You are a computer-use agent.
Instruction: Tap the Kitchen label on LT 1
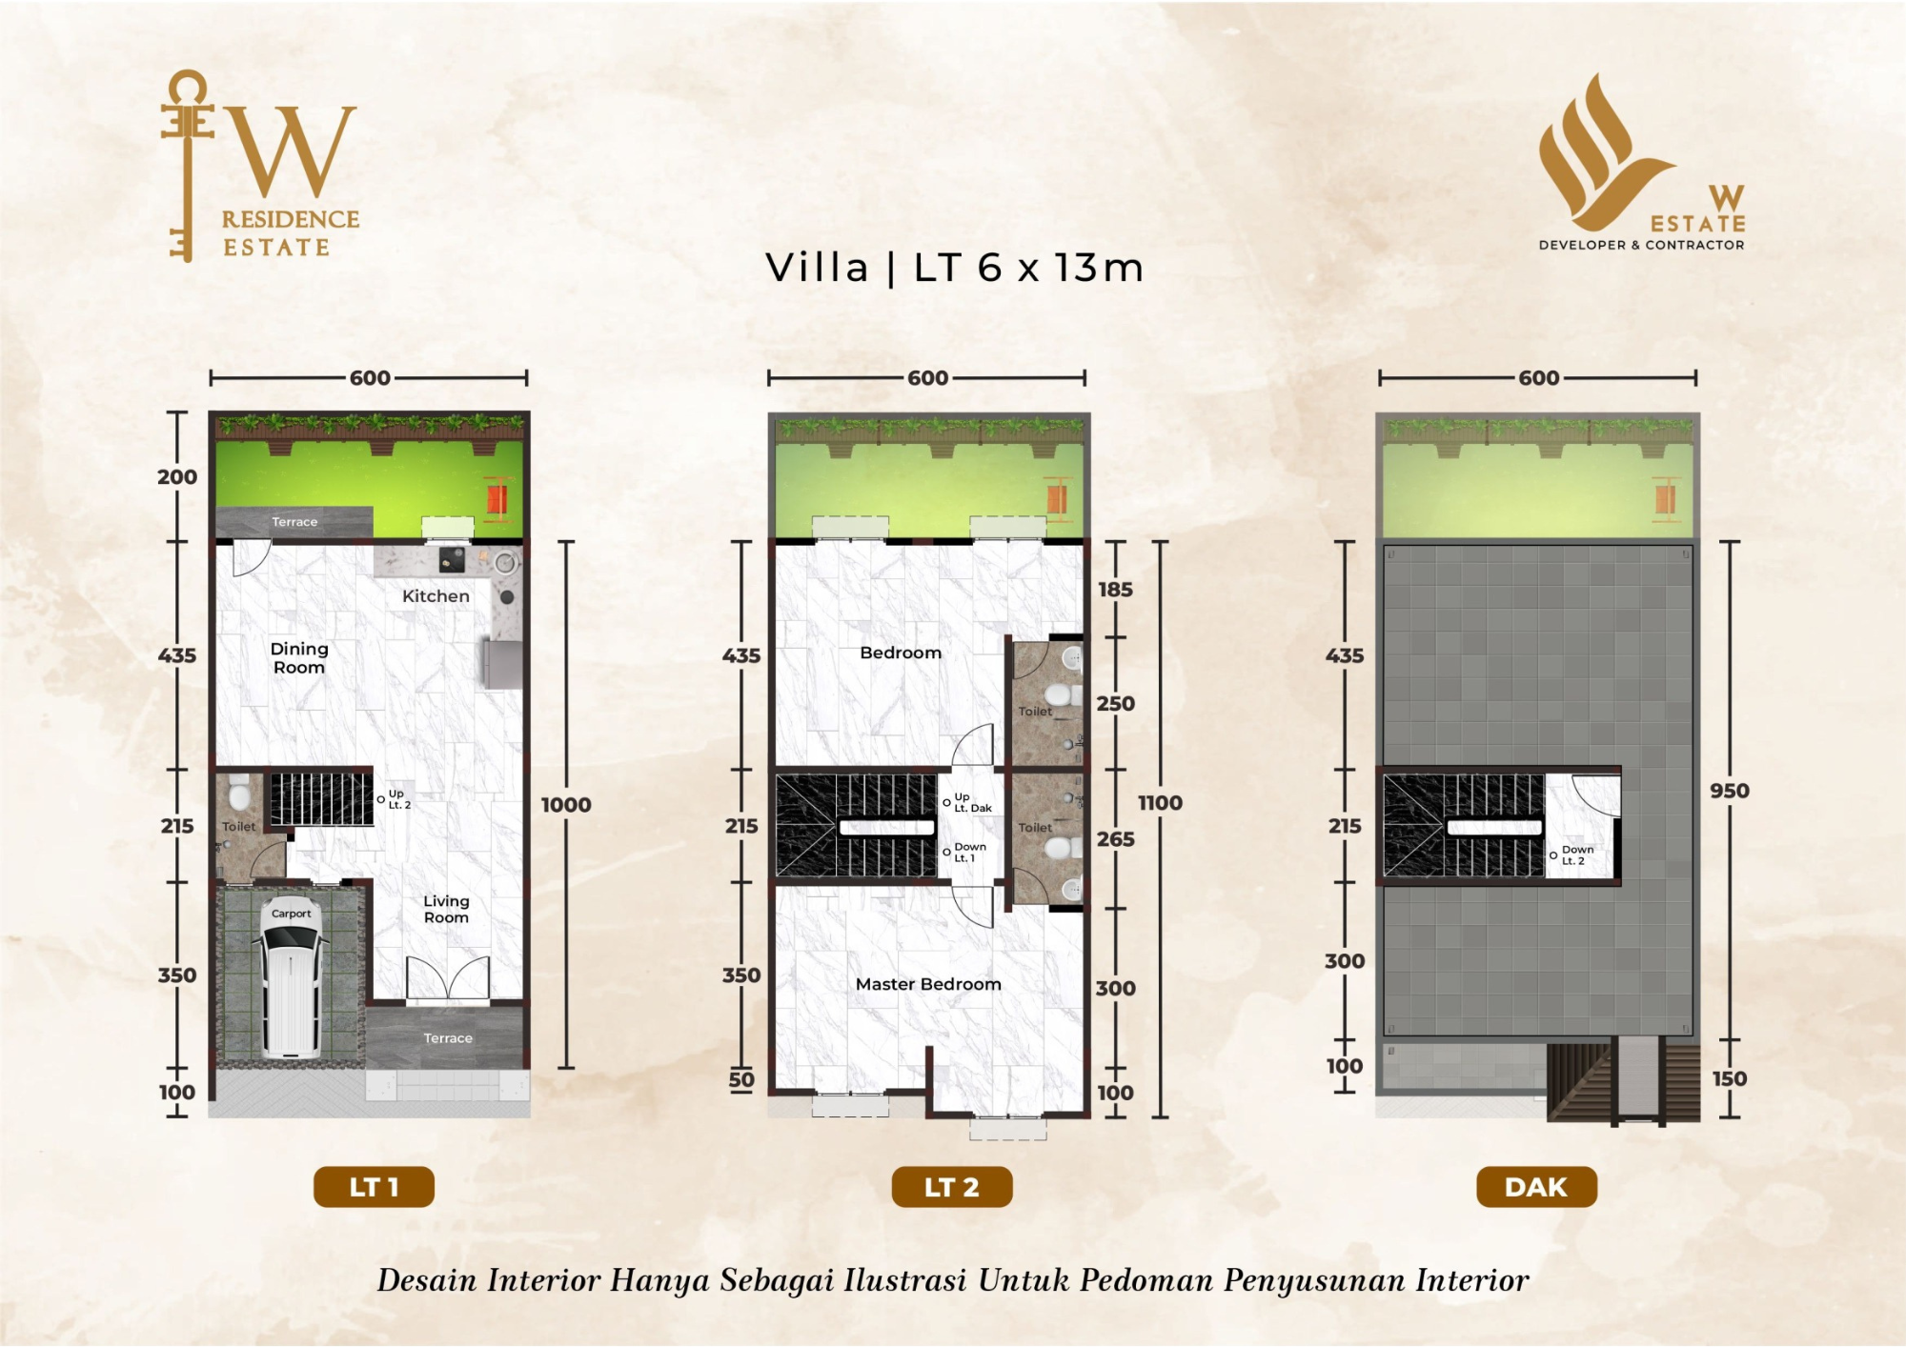(436, 596)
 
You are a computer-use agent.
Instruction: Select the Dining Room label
(299, 658)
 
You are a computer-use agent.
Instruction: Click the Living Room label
(446, 909)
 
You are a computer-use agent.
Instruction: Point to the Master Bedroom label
(928, 984)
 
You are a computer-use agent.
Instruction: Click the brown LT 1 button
(374, 1187)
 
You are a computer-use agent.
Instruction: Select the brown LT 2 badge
(952, 1187)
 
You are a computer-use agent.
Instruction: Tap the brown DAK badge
(1536, 1187)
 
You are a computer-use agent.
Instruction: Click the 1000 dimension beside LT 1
(566, 805)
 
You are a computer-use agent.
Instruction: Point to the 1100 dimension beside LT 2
(1160, 803)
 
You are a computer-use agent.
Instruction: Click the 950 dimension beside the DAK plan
(1730, 791)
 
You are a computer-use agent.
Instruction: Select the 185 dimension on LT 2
(1115, 590)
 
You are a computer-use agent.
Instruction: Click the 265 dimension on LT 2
(1116, 839)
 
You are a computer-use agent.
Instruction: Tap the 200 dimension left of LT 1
(177, 477)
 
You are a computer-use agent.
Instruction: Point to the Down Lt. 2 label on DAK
(1576, 854)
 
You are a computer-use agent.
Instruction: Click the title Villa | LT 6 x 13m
(954, 268)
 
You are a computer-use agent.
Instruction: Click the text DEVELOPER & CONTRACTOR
(1641, 245)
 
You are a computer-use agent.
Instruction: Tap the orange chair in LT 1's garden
(497, 498)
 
